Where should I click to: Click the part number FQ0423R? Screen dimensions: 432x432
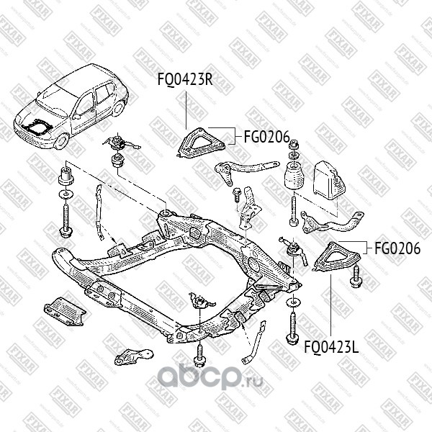(185, 79)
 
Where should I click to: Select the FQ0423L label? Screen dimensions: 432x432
(331, 346)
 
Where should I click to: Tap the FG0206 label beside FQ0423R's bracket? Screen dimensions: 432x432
(266, 135)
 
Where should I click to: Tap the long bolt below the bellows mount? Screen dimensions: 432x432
(294, 210)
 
